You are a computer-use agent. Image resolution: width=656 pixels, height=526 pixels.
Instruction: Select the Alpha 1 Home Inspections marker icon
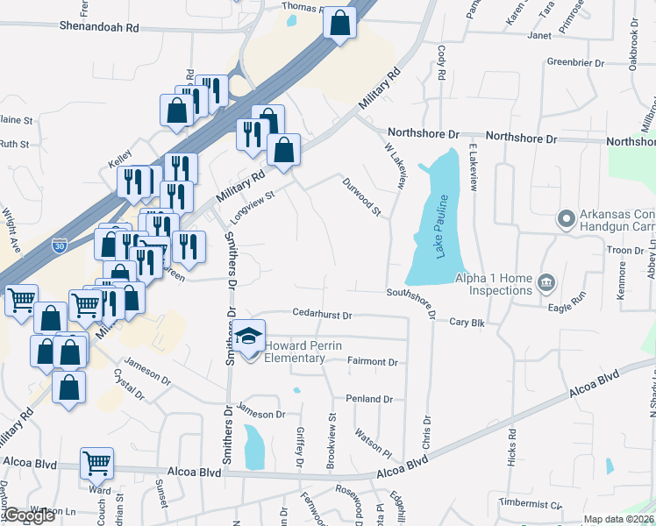547,282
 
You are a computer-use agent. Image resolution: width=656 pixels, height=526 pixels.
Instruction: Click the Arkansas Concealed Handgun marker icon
566,217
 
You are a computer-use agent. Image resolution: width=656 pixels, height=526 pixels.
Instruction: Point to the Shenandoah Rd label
99,28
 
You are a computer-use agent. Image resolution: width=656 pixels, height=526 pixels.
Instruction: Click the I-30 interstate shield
59,246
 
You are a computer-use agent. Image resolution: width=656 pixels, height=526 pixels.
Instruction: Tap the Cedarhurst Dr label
322,315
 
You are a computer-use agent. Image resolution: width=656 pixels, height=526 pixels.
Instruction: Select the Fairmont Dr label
372,361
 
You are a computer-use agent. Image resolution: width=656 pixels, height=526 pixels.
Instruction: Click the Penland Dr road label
368,399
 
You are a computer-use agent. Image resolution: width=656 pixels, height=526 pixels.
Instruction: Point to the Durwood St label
362,195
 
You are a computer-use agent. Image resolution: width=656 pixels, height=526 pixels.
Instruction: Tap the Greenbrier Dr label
576,63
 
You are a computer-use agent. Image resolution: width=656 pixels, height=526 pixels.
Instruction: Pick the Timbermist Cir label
530,504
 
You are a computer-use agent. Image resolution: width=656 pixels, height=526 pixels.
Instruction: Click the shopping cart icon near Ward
96,463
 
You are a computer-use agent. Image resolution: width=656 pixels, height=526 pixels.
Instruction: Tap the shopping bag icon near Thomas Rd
340,23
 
